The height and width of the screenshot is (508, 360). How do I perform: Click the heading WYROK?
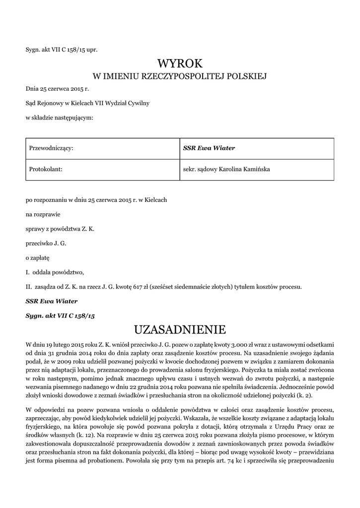click(x=180, y=63)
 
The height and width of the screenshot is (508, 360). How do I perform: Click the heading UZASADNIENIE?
click(x=180, y=329)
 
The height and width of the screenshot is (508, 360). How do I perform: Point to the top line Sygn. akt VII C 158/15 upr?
click(x=58, y=49)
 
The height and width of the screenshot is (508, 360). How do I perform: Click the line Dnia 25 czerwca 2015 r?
click(x=57, y=89)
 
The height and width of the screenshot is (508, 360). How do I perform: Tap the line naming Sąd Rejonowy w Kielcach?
click(x=87, y=103)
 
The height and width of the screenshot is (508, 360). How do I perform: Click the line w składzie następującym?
click(x=60, y=117)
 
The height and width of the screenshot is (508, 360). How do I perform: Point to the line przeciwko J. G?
click(x=46, y=243)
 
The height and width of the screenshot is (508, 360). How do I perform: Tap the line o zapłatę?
click(x=38, y=257)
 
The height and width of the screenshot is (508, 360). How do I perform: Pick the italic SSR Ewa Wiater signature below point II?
click(x=52, y=301)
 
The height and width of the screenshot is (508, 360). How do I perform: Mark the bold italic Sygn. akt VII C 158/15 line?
click(x=60, y=315)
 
